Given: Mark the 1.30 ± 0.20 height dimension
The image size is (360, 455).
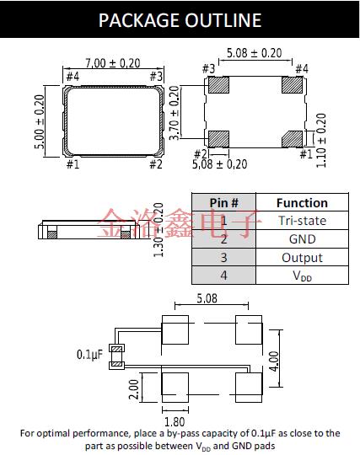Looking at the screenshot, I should pos(158,233).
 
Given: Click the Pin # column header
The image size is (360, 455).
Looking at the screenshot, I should pos(223,203).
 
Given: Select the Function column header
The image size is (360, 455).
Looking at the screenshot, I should pos(301,203).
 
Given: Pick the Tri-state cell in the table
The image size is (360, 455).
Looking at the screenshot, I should pos(301,221).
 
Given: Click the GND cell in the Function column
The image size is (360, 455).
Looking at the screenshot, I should pos(301,239).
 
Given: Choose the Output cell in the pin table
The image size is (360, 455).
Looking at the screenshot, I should pos(301,258).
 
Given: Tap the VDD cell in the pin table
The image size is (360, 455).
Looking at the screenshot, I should pos(301,276).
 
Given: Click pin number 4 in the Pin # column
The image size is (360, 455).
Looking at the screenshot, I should pos(223,276).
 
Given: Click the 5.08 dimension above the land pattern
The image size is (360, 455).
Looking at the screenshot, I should pos(210,298).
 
